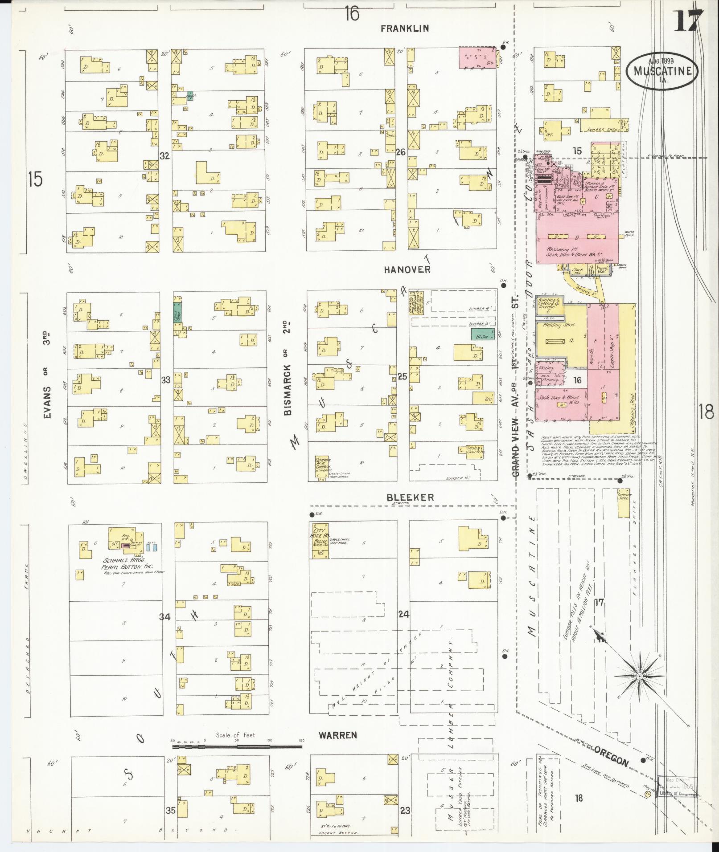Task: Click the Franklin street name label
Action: [x=404, y=29]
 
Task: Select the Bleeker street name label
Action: [x=410, y=497]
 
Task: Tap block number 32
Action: [x=165, y=156]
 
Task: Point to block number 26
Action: [x=401, y=152]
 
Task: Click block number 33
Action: [x=166, y=380]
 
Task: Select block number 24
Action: [x=403, y=615]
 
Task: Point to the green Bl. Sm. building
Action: [x=482, y=334]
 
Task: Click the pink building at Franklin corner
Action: [x=478, y=58]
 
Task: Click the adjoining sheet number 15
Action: [x=35, y=179]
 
